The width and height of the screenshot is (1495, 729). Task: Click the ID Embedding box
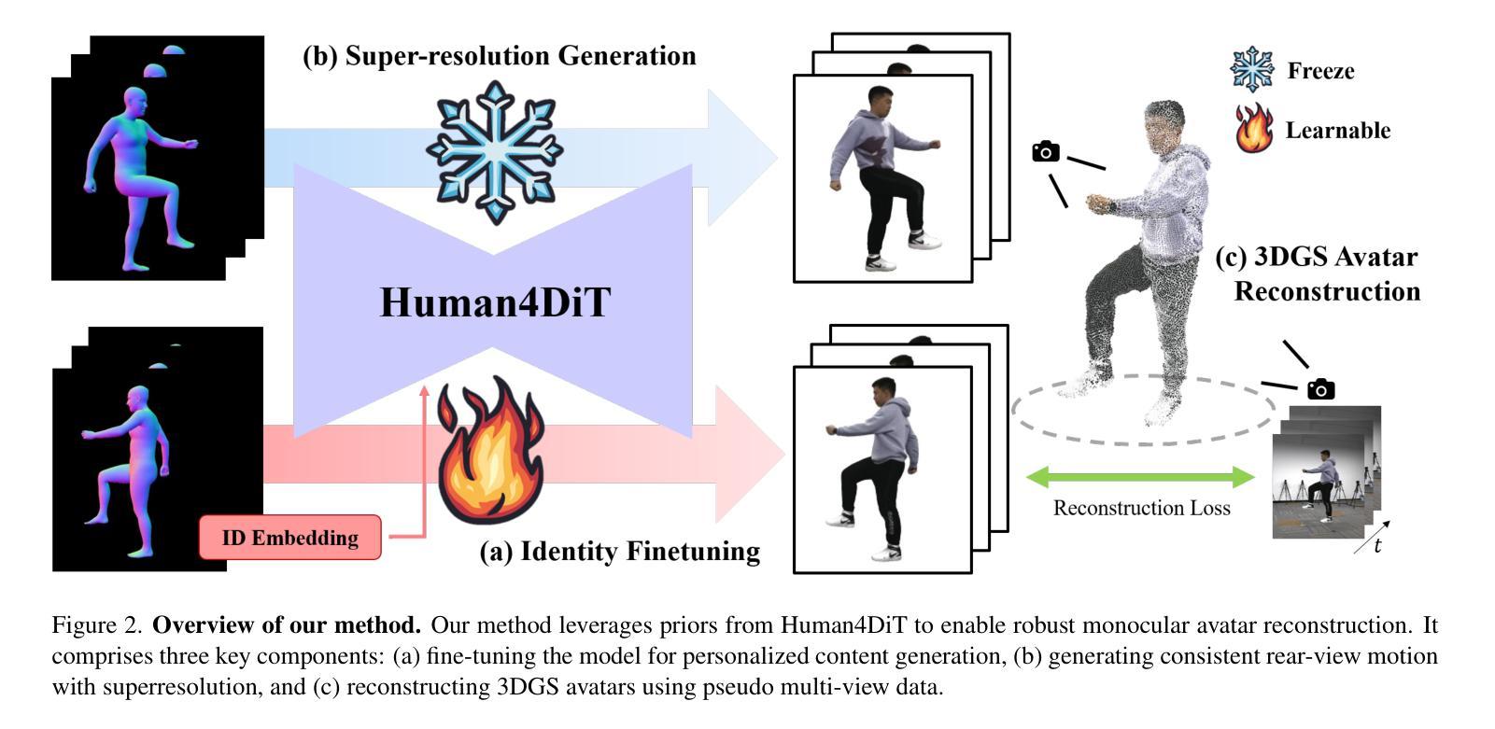[x=289, y=537]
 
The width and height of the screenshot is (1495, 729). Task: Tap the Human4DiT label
[x=495, y=302]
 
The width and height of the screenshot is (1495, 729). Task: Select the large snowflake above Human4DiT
[x=495, y=152]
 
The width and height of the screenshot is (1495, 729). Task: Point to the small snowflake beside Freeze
[x=1252, y=69]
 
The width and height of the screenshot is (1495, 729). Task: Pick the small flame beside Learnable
[x=1254, y=128]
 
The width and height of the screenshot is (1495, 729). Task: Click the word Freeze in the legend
[x=1320, y=71]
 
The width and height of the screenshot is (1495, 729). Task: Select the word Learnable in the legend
[x=1338, y=130]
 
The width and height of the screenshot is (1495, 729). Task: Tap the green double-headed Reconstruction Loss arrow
[x=1140, y=477]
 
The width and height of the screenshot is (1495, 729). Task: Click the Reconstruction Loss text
[x=1142, y=508]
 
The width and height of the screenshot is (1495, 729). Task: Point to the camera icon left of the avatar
[x=1046, y=151]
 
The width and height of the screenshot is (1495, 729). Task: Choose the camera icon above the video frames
[x=1320, y=388]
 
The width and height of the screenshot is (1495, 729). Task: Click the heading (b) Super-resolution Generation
[x=500, y=55]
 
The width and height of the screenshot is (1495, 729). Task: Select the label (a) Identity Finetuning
[x=620, y=552]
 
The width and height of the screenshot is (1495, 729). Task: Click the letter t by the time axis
[x=1377, y=545]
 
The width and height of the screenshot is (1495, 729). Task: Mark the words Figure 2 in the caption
[x=97, y=625]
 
